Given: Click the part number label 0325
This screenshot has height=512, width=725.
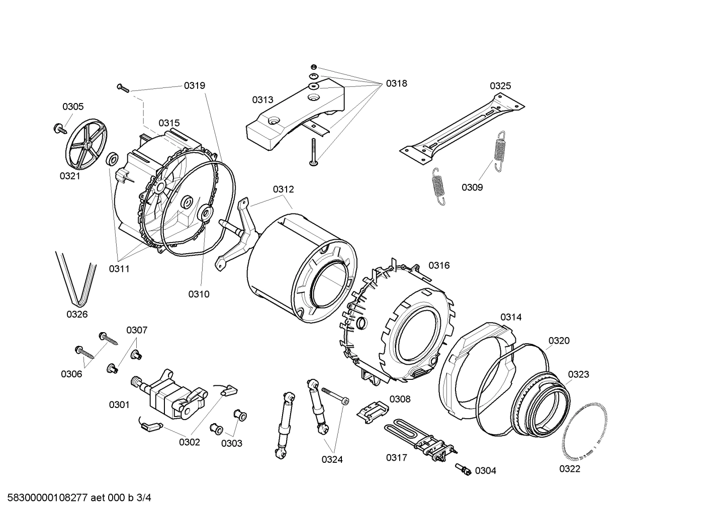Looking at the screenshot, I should click(x=500, y=86).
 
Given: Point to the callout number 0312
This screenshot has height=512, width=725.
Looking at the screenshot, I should click(x=283, y=189).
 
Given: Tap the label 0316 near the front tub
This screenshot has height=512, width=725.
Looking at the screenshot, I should click(x=438, y=265).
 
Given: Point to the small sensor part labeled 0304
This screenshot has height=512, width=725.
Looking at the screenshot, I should click(x=464, y=469).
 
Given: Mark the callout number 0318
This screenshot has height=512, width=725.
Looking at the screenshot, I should click(x=396, y=84).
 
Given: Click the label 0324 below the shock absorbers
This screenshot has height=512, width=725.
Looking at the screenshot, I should click(x=332, y=459).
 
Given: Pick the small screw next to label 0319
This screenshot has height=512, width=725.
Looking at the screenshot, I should click(x=123, y=88).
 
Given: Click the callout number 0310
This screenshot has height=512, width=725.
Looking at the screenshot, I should click(x=199, y=294).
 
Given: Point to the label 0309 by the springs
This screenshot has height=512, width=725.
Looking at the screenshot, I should click(x=472, y=187).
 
